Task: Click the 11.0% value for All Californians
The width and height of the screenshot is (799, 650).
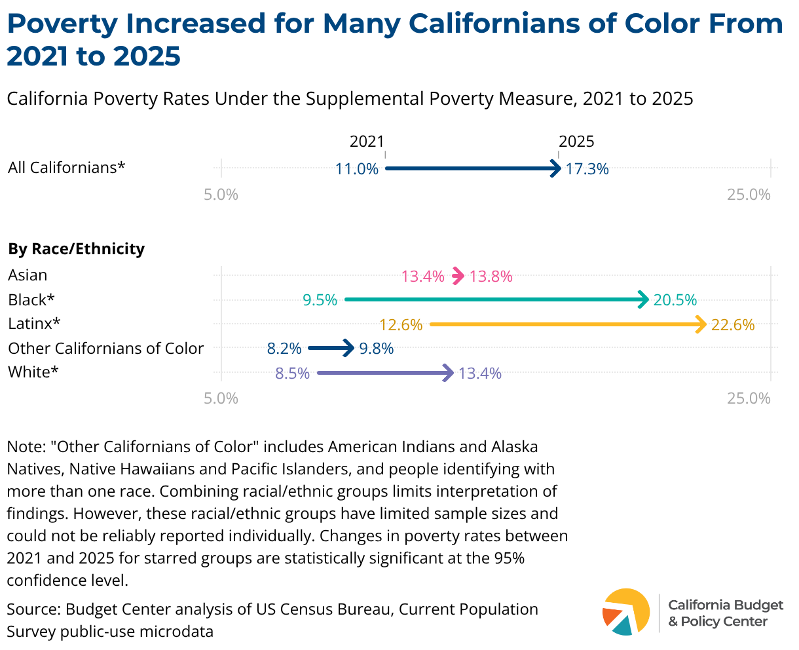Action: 356,169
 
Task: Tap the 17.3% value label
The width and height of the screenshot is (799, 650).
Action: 587,169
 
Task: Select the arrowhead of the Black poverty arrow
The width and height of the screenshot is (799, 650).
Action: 643,299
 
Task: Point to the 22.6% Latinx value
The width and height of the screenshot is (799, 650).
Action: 733,324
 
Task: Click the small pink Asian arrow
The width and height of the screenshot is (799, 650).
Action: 458,277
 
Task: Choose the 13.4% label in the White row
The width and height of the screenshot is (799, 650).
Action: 480,373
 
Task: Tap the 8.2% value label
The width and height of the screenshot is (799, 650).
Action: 284,349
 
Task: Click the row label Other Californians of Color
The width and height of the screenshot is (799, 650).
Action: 106,349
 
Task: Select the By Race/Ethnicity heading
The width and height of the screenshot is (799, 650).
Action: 77,249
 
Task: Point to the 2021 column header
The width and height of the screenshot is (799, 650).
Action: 367,142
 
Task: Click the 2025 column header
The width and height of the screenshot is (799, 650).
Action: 576,142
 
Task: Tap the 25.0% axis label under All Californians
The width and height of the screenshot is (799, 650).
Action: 749,195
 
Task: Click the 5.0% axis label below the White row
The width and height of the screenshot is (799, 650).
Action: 221,398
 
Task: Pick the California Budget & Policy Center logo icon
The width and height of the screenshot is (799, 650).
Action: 625,612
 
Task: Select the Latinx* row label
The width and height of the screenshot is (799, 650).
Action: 34,324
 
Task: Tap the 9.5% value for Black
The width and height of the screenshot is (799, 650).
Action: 320,300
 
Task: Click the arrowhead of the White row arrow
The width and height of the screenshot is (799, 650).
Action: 448,373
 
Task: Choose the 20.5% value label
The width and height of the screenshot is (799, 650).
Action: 675,300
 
